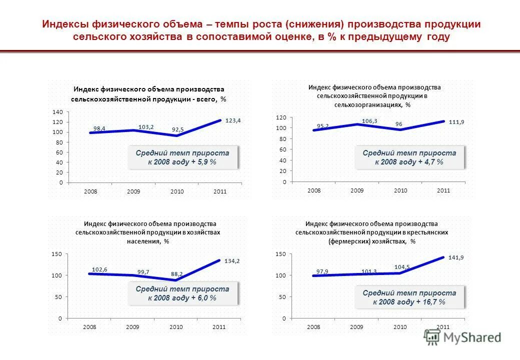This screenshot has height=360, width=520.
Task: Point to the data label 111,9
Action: (x=457, y=122)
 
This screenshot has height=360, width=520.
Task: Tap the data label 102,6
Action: (x=99, y=269)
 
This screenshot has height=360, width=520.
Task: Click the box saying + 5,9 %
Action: (x=182, y=157)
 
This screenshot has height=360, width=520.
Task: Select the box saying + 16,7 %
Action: (x=409, y=297)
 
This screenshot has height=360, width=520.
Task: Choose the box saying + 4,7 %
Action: (x=409, y=157)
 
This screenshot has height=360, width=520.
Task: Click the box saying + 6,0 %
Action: (x=182, y=293)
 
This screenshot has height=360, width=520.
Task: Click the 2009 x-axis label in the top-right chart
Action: (x=357, y=190)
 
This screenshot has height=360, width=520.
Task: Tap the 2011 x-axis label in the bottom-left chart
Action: (x=219, y=326)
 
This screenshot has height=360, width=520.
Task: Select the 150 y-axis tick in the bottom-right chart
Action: (x=280, y=254)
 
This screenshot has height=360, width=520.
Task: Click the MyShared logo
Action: (x=462, y=337)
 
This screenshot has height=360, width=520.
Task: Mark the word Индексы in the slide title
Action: (x=61, y=24)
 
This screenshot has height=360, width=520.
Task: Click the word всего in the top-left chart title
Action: (x=205, y=99)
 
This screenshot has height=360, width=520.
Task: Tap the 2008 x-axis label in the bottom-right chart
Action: (x=313, y=326)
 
